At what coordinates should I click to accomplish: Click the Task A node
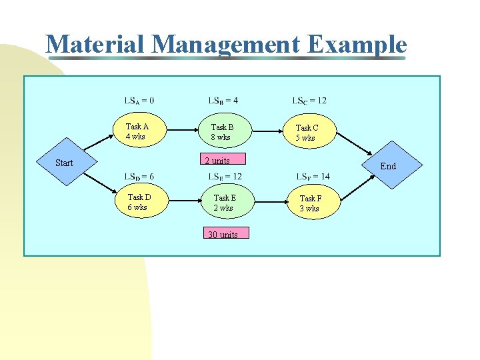(138, 131)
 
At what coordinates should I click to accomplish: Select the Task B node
(222, 132)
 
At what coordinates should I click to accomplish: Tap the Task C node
(307, 133)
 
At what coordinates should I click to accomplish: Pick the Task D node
(138, 202)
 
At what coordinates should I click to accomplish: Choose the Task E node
(224, 203)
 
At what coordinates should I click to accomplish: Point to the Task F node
(309, 203)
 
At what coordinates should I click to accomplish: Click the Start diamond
(65, 163)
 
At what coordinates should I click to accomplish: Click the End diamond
(388, 166)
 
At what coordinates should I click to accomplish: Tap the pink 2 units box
(217, 160)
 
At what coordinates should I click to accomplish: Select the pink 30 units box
(223, 234)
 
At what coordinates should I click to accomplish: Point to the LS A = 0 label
(139, 101)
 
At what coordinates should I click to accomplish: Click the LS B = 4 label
(223, 101)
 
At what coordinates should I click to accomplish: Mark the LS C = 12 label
(309, 101)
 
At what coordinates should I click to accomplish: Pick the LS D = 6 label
(139, 176)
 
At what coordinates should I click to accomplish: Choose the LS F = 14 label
(312, 176)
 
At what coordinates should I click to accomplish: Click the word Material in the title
(95, 45)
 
